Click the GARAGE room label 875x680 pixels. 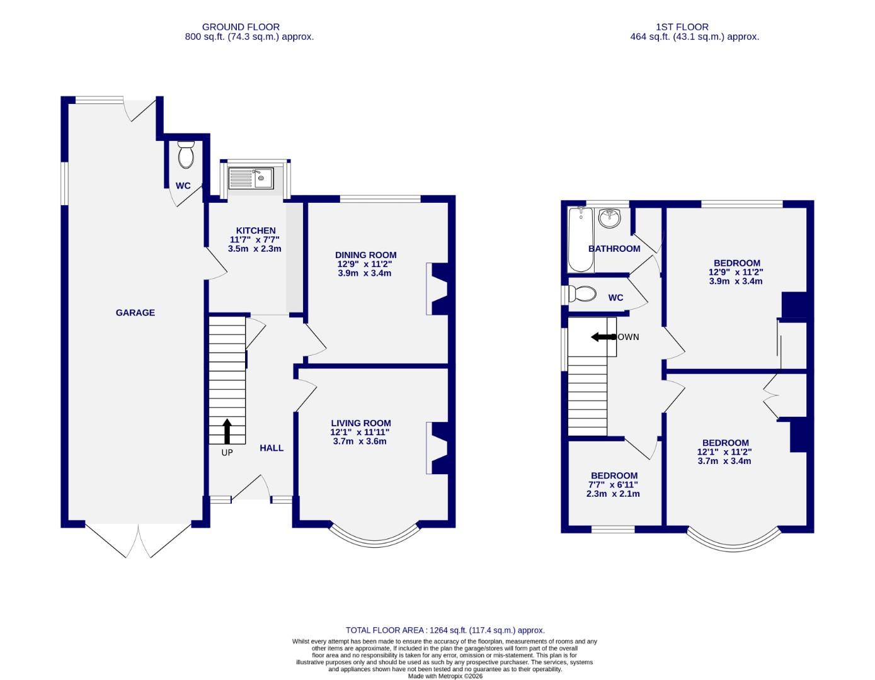pyautogui.click(x=135, y=312)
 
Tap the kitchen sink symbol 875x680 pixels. pyautogui.click(x=251, y=178)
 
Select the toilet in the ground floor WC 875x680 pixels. pyautogui.click(x=186, y=155)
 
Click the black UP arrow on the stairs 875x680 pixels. pyautogui.click(x=227, y=431)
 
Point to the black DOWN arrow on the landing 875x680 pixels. pyautogui.click(x=603, y=337)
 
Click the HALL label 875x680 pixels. pyautogui.click(x=272, y=448)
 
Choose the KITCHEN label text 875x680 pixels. pyautogui.click(x=256, y=230)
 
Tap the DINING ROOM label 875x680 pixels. pyautogui.click(x=365, y=255)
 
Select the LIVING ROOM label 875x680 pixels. pyautogui.click(x=361, y=423)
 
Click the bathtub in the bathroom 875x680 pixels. pyautogui.click(x=580, y=240)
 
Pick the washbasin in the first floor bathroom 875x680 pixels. pyautogui.click(x=610, y=218)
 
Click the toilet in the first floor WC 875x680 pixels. pyautogui.click(x=583, y=294)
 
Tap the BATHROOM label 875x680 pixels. pyautogui.click(x=614, y=249)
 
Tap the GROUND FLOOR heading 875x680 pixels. pyautogui.click(x=241, y=27)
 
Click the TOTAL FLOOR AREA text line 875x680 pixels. pyautogui.click(x=445, y=630)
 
